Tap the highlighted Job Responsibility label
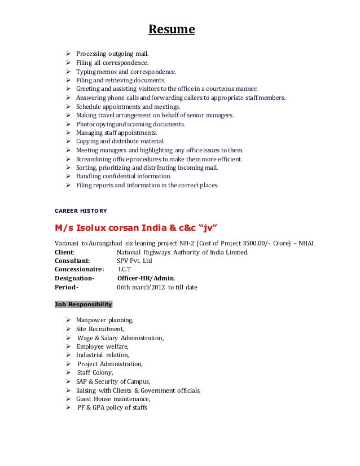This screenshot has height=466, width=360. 83,304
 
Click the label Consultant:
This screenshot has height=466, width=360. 72,261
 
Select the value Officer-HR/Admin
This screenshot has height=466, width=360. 146,278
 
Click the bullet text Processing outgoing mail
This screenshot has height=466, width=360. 112,54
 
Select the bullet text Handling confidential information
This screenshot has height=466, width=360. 126,176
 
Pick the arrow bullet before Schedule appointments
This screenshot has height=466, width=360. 68,106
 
